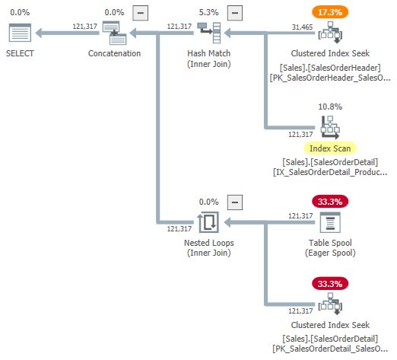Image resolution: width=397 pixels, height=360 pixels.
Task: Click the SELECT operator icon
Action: pos(21,33)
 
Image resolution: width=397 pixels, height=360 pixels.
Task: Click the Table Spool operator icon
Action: pos(330,222)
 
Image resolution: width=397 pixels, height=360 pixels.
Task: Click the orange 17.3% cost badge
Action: pos(330,12)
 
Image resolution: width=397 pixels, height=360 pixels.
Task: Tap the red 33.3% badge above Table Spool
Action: pos(330,202)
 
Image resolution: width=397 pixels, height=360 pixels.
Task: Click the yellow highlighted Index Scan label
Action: pos(330,148)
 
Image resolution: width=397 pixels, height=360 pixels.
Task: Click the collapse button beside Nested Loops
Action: pos(235,202)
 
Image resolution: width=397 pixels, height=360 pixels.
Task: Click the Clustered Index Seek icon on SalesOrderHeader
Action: pos(330,33)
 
